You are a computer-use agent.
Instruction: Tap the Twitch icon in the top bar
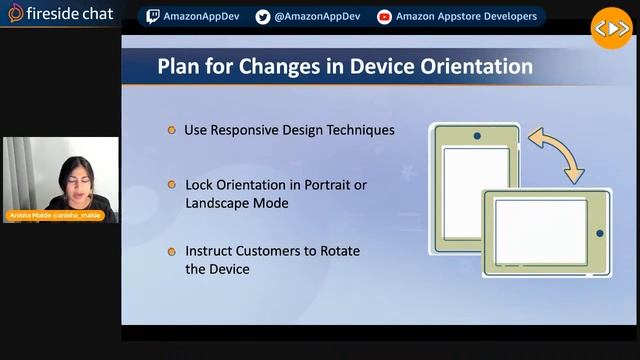tap(152, 16)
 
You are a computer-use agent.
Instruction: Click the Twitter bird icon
tap(263, 16)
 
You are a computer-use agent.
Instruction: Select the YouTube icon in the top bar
tap(384, 16)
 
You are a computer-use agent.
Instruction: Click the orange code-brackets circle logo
tap(611, 28)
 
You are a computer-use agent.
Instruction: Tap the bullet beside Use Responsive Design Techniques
tap(172, 130)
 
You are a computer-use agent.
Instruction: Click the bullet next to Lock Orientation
tap(172, 185)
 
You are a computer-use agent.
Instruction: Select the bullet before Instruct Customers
tap(172, 251)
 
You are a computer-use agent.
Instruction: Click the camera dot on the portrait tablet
tap(477, 136)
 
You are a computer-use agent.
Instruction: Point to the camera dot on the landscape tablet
tap(599, 233)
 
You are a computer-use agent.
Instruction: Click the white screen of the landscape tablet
tap(541, 232)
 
